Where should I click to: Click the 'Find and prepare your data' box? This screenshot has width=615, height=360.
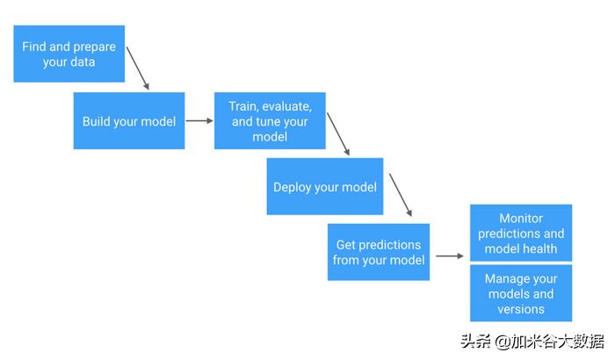[69, 54]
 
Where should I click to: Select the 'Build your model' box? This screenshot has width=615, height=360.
[128, 120]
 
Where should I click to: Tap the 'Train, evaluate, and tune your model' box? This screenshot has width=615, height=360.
[270, 120]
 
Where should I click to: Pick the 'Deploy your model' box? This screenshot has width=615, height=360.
[325, 186]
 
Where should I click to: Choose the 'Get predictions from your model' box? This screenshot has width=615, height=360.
[379, 252]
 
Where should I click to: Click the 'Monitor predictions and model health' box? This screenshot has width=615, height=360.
[521, 233]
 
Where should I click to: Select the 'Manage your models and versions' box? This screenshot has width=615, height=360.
[521, 293]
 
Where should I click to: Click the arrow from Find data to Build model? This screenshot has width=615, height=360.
[138, 68]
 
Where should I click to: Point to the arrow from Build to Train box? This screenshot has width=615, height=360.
[199, 121]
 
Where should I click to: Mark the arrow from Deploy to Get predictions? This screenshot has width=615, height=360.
[401, 195]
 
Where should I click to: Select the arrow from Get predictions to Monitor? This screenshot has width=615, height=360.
[449, 256]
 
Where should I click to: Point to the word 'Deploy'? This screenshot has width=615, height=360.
[293, 187]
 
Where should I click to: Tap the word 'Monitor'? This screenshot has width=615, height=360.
[521, 218]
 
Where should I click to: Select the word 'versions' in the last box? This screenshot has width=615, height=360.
[521, 309]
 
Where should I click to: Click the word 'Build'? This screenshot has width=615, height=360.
[98, 121]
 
